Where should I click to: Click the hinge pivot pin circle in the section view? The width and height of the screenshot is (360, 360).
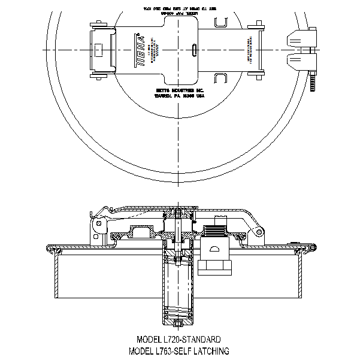[259, 232]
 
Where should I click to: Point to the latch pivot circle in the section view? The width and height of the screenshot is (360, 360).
[95, 224]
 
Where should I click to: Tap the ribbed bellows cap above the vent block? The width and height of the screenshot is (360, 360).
[215, 231]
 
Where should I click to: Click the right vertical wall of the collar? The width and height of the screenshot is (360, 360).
[299, 275]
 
